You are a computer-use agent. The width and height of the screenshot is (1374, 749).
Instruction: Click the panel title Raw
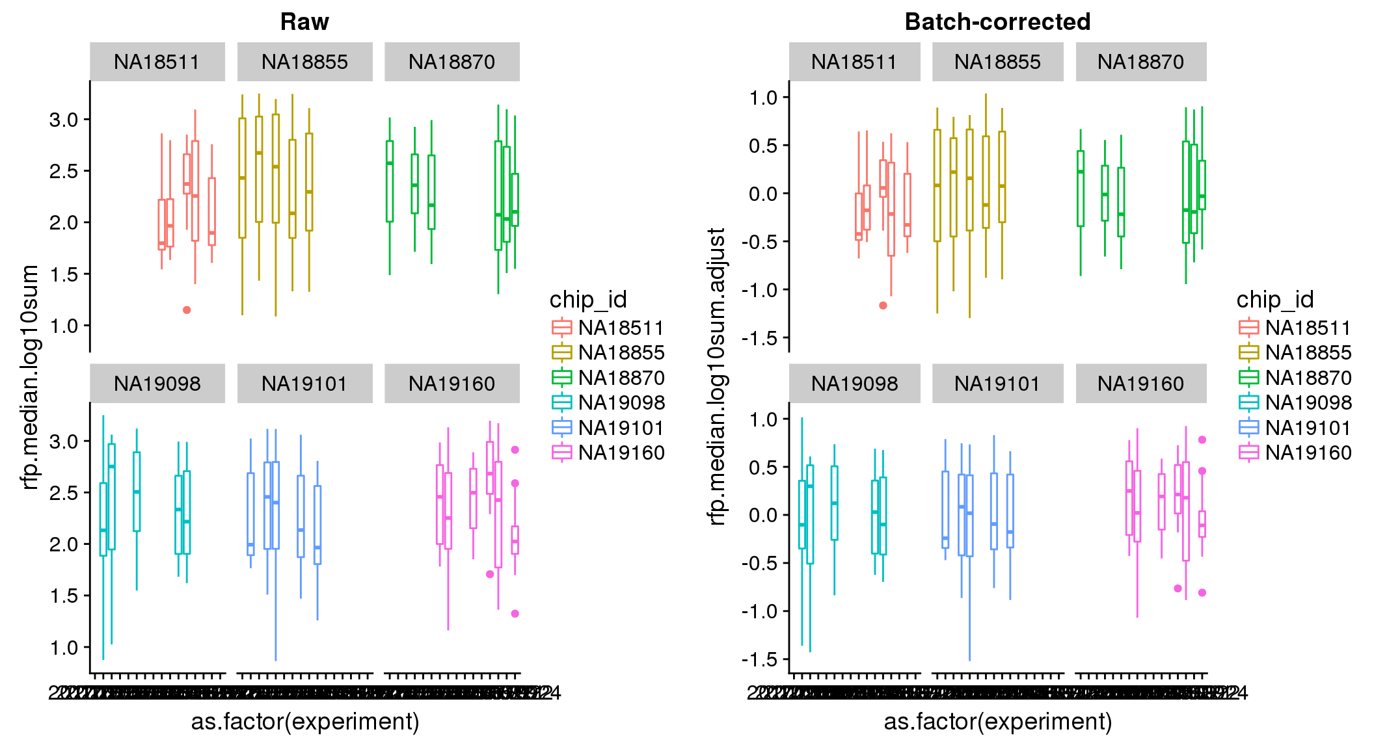pyautogui.click(x=304, y=22)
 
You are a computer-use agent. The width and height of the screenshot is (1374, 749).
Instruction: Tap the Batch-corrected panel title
pyautogui.click(x=997, y=22)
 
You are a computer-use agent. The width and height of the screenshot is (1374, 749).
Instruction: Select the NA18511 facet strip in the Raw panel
pyautogui.click(x=157, y=62)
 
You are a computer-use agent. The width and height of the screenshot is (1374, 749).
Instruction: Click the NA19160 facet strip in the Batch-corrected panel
pyautogui.click(x=1140, y=384)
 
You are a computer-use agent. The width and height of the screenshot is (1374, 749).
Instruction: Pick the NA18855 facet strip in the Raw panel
pyautogui.click(x=304, y=62)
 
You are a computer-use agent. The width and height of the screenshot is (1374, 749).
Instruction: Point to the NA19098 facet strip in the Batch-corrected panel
pyautogui.click(x=854, y=384)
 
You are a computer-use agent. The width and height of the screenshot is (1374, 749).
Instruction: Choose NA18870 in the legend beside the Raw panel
pyautogui.click(x=621, y=378)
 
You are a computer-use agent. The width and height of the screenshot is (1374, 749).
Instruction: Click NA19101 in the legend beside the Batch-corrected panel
pyautogui.click(x=1308, y=428)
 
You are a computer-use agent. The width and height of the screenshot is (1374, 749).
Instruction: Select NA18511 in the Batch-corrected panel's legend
pyautogui.click(x=1308, y=328)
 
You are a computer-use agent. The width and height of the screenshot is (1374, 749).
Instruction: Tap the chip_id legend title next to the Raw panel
pyautogui.click(x=588, y=300)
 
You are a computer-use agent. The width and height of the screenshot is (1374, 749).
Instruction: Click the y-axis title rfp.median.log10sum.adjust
pyautogui.click(x=716, y=376)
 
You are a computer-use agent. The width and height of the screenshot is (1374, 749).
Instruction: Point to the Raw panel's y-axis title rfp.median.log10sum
pyautogui.click(x=30, y=377)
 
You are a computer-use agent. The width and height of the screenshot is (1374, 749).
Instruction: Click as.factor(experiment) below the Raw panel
pyautogui.click(x=305, y=722)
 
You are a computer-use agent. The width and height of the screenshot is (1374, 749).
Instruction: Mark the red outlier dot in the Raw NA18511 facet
pyautogui.click(x=187, y=310)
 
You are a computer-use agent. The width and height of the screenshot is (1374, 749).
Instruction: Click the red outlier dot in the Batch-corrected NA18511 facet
pyautogui.click(x=883, y=306)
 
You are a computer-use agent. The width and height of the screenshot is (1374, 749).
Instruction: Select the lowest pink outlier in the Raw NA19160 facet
pyautogui.click(x=515, y=614)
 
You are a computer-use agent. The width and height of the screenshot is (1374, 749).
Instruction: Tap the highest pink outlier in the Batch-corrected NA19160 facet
pyautogui.click(x=1202, y=440)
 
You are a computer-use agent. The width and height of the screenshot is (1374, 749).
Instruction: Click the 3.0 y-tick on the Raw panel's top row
pyautogui.click(x=63, y=120)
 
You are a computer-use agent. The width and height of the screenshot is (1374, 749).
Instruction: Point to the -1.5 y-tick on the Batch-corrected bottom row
pyautogui.click(x=760, y=660)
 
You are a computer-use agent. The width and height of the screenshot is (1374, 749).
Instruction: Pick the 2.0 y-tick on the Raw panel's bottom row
pyautogui.click(x=63, y=545)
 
